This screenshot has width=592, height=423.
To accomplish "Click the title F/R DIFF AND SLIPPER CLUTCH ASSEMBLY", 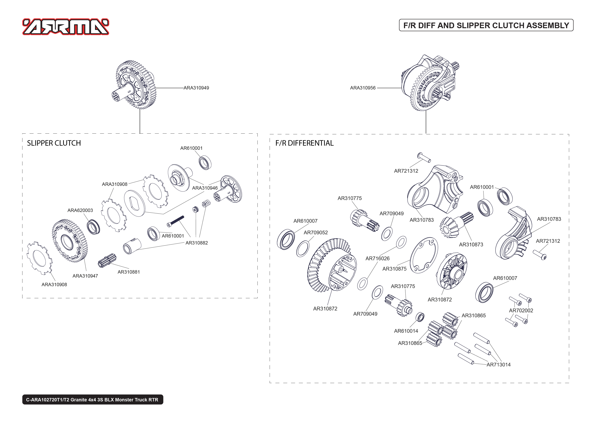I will tap(486, 25).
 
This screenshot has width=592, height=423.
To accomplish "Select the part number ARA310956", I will tap(363, 88).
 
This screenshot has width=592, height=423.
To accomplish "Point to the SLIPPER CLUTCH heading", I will tap(54, 143).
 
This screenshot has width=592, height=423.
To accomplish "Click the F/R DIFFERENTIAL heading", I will tap(304, 143).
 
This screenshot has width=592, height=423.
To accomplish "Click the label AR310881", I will tap(129, 272).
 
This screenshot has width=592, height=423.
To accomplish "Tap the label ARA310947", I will tap(85, 276).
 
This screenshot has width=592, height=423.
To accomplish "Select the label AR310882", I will tap(197, 243).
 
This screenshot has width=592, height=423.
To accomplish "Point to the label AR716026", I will tap(377, 258).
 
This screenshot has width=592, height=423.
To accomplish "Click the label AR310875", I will tap(394, 269).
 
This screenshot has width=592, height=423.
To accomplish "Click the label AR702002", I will tap(521, 310).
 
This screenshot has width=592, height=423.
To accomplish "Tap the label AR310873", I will tap(471, 245).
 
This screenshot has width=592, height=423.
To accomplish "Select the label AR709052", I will tap(315, 233).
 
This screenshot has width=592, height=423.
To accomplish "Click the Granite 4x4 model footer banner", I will tap(92, 400).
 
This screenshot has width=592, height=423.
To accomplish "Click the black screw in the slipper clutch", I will tap(176, 221).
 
